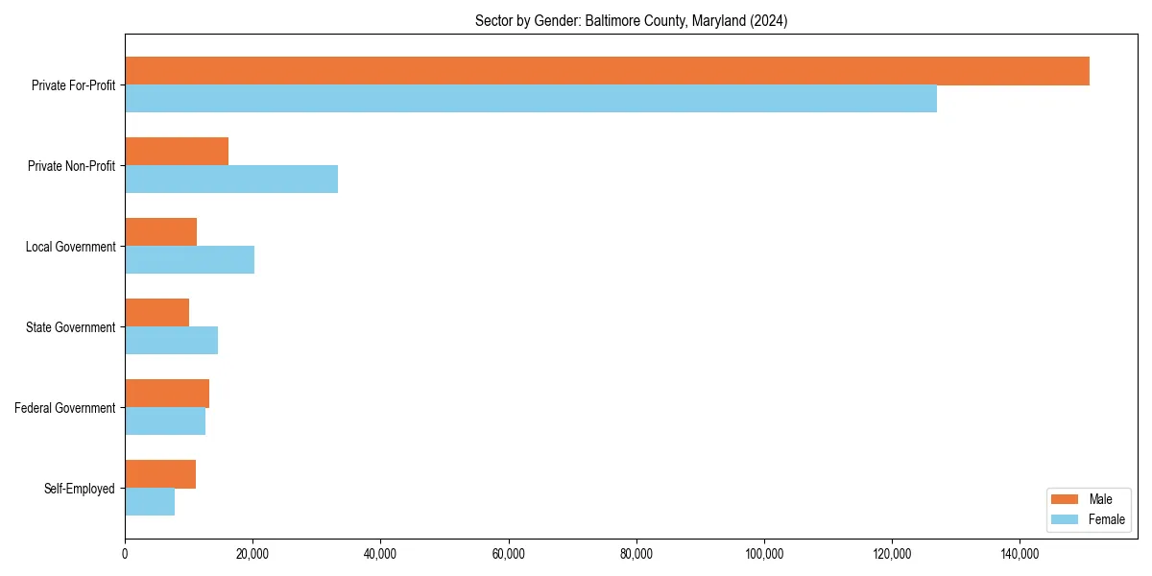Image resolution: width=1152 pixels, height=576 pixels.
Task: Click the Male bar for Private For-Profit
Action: [x=607, y=71]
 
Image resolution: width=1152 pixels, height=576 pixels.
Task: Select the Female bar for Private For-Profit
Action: [x=531, y=99]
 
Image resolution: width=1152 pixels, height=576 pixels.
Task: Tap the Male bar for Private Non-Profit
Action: [x=177, y=152]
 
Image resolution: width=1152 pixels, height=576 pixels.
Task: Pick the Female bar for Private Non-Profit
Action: [x=231, y=180]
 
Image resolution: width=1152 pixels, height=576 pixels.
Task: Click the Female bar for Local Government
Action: [x=189, y=260]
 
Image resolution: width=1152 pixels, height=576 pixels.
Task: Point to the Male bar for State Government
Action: [x=156, y=313]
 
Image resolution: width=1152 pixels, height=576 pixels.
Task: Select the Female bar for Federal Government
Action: [x=165, y=421]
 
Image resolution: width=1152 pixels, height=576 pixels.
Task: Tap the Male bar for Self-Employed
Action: [x=160, y=474]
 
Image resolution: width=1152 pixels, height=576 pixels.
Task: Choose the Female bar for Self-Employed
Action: [x=150, y=502]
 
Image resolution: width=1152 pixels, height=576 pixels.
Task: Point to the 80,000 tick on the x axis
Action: [x=636, y=554]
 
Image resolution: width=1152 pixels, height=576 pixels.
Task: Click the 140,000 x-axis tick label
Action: [x=1020, y=554]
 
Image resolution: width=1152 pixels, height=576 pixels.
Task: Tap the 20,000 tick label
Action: [x=252, y=554]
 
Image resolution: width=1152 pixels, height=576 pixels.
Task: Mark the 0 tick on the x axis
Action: [x=125, y=554]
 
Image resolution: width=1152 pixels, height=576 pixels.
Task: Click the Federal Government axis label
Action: [x=65, y=408]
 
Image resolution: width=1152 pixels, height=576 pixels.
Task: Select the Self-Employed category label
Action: [x=80, y=489]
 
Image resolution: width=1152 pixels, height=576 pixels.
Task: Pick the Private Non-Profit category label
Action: [x=71, y=166]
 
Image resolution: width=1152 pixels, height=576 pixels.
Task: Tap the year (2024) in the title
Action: [x=770, y=21]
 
